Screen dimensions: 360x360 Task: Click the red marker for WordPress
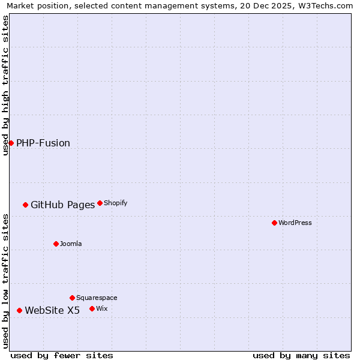[274, 223]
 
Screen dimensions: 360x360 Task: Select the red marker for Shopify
[100, 203]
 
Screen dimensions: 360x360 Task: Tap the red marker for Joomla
[56, 244]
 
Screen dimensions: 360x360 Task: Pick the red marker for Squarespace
[72, 298]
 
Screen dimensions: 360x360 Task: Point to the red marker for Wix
[92, 308]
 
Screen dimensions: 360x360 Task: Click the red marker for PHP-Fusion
[11, 143]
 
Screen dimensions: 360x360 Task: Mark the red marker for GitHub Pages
[25, 205]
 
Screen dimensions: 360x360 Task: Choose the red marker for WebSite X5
[19, 310]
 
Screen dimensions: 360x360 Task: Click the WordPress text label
[295, 223]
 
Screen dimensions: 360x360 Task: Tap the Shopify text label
[116, 203]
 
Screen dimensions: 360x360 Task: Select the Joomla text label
[71, 244]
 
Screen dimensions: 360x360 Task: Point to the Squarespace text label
[97, 298]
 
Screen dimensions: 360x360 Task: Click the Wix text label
[102, 308]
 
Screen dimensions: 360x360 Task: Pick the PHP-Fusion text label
[43, 143]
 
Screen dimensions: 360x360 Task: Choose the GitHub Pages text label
[62, 205]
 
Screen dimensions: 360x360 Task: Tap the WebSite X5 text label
[52, 310]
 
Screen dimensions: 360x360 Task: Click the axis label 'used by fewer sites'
[62, 355]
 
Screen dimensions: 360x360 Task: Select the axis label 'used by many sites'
[301, 355]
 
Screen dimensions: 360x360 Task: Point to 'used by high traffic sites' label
[5, 85]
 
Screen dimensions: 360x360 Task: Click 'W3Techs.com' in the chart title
[326, 5]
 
